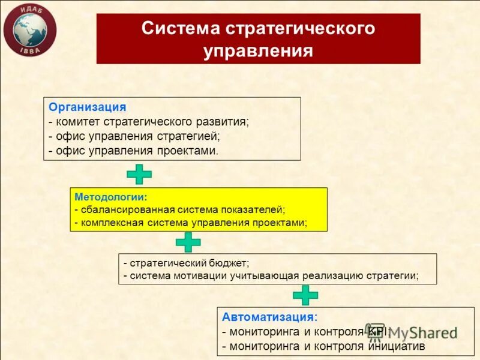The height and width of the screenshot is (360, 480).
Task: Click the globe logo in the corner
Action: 29,29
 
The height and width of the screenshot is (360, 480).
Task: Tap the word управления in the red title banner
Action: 258,50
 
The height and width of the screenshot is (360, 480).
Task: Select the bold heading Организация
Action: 88,107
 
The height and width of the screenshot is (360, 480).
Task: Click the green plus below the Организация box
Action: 139,173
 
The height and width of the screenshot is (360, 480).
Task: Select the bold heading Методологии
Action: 110,196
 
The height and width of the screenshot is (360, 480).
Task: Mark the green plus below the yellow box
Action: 188,242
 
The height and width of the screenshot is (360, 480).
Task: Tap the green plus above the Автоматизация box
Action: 305,295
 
